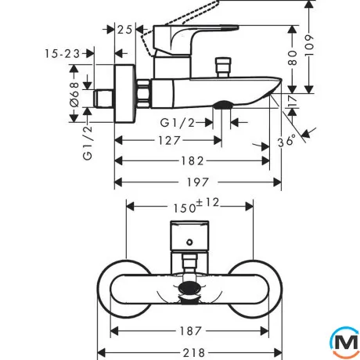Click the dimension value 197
tap(198, 182)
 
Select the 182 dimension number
tap(193, 161)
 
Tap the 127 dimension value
tap(170, 141)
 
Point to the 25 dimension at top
tap(125, 30)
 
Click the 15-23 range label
tap(63, 54)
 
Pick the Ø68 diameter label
tap(74, 95)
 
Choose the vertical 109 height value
tap(309, 45)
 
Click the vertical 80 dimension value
tap(293, 58)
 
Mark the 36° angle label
tap(286, 141)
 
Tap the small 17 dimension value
tap(293, 100)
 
